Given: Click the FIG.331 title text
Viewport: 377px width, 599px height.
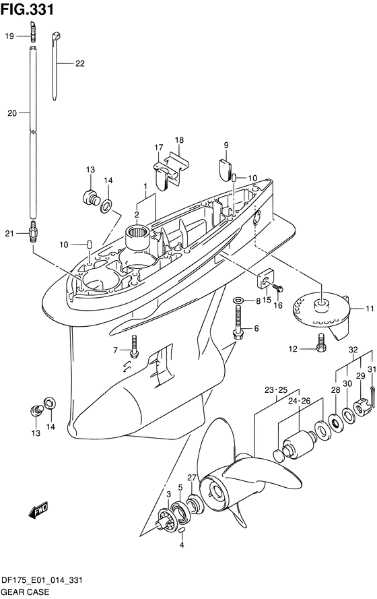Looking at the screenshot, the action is click(27, 9).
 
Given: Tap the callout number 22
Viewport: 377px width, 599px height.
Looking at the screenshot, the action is click(79, 63).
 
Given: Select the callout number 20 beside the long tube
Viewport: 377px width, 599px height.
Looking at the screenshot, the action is click(12, 113).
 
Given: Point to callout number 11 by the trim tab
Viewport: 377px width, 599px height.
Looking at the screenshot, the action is click(370, 309).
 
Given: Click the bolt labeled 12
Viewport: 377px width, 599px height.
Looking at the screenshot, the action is click(321, 342).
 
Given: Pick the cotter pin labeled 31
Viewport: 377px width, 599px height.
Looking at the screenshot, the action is click(372, 393).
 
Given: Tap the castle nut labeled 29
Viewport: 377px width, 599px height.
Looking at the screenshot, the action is click(361, 407).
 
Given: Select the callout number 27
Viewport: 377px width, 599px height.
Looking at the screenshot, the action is click(191, 478).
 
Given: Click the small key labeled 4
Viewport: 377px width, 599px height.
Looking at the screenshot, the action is click(182, 530).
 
